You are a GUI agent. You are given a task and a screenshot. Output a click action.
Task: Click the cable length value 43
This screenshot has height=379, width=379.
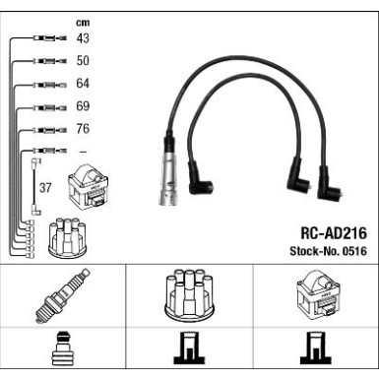pyautogui.click(x=83, y=38)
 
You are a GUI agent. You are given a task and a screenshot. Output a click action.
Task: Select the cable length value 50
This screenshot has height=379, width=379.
pyautogui.click(x=83, y=61)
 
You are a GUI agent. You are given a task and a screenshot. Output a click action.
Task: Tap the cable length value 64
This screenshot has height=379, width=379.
pyautogui.click(x=83, y=84)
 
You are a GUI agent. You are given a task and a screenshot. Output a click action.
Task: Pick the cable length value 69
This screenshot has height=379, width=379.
pyautogui.click(x=83, y=106)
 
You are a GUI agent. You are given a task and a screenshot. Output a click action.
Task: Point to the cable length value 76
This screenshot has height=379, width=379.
pyautogui.click(x=83, y=129)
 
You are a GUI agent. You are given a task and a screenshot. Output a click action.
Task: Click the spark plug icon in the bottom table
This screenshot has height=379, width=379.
pyautogui.click(x=61, y=296)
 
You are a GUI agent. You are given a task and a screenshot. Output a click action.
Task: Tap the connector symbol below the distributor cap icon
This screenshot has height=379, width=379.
pyautogui.click(x=188, y=351)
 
